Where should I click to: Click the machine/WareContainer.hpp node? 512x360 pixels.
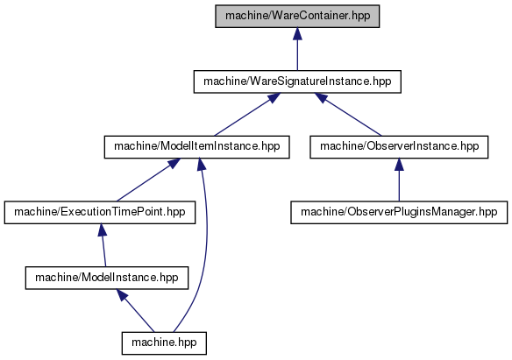tap(297, 16)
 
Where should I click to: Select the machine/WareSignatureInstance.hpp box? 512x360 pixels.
tap(297, 81)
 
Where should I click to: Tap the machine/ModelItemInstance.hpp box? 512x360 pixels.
tap(197, 147)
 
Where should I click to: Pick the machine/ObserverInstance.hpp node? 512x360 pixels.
tap(399, 147)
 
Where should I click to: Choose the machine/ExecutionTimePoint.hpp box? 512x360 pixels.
tap(100, 212)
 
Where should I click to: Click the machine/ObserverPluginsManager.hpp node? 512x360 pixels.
tap(399, 212)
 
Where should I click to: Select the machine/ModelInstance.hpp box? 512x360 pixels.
tap(107, 278)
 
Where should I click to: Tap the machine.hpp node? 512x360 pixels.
tap(164, 343)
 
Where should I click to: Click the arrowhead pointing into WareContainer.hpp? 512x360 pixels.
tap(297, 34)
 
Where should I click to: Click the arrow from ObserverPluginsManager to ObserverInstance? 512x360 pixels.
tap(399, 180)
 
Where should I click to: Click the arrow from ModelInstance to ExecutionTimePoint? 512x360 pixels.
tap(103, 245)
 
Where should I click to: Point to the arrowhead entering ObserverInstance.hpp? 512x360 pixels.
tap(399, 165)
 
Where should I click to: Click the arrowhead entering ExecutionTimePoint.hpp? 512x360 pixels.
tap(103, 230)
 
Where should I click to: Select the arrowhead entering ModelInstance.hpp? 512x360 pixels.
tap(122, 295)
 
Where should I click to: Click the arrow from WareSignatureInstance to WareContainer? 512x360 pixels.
tap(297, 49)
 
